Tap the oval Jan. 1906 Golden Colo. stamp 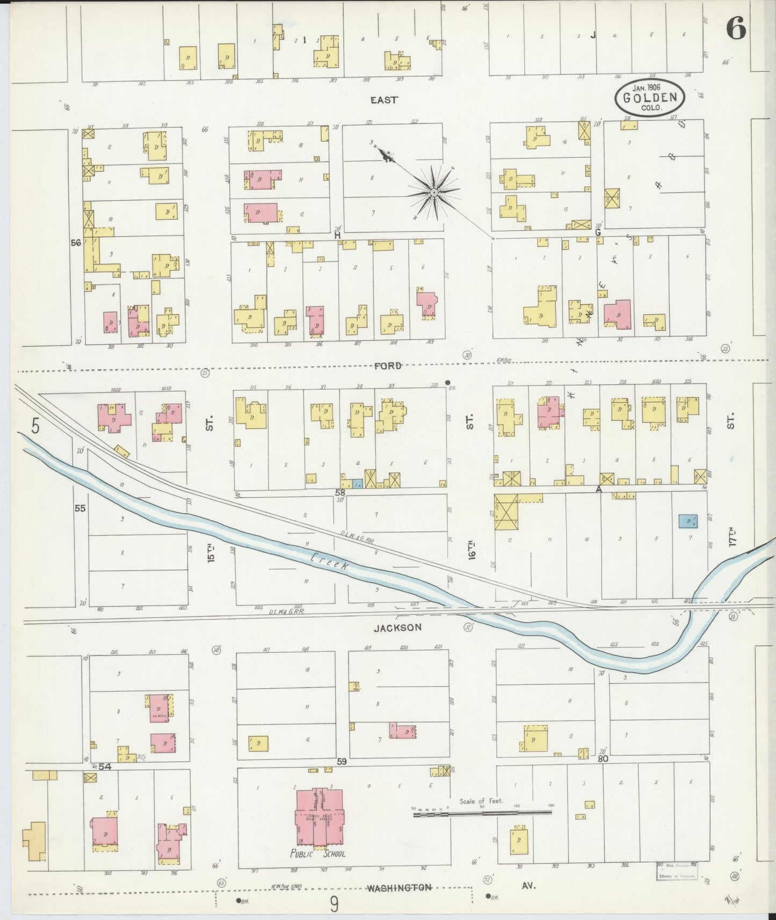click(650, 98)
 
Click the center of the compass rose click(433, 192)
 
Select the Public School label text click(318, 853)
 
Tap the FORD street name click(388, 366)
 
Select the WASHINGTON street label click(399, 887)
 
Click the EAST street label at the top click(384, 99)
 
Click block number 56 click(76, 243)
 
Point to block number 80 click(603, 759)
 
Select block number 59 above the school click(343, 761)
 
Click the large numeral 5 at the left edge click(35, 426)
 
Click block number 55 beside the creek click(80, 507)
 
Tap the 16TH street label click(472, 547)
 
